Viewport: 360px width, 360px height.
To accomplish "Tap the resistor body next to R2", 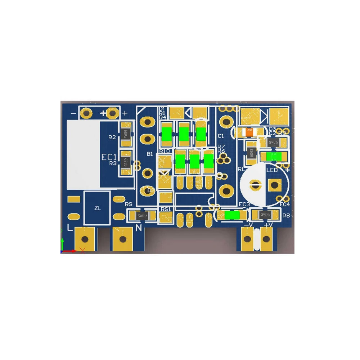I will [x=126, y=135].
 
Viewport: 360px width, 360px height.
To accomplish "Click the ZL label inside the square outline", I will [x=97, y=208].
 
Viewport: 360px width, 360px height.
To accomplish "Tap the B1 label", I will [x=150, y=154].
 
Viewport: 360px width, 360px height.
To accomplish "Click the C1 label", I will [x=221, y=136].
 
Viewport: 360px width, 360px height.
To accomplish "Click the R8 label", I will [x=287, y=216].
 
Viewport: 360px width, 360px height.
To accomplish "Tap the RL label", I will [x=241, y=169].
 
